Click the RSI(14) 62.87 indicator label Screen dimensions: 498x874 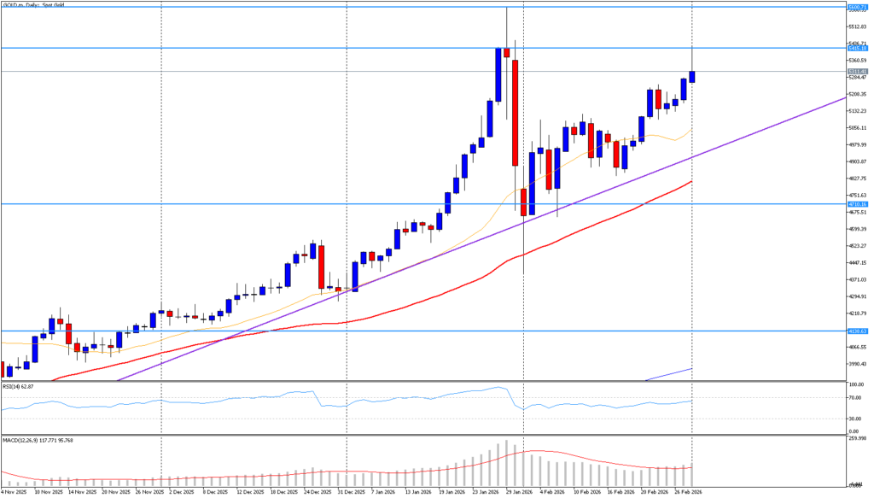pos(20,387)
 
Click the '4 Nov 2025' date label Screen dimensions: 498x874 pos(15,492)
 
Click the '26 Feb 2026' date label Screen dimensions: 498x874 pos(690,492)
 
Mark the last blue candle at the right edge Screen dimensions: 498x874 pos(692,77)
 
